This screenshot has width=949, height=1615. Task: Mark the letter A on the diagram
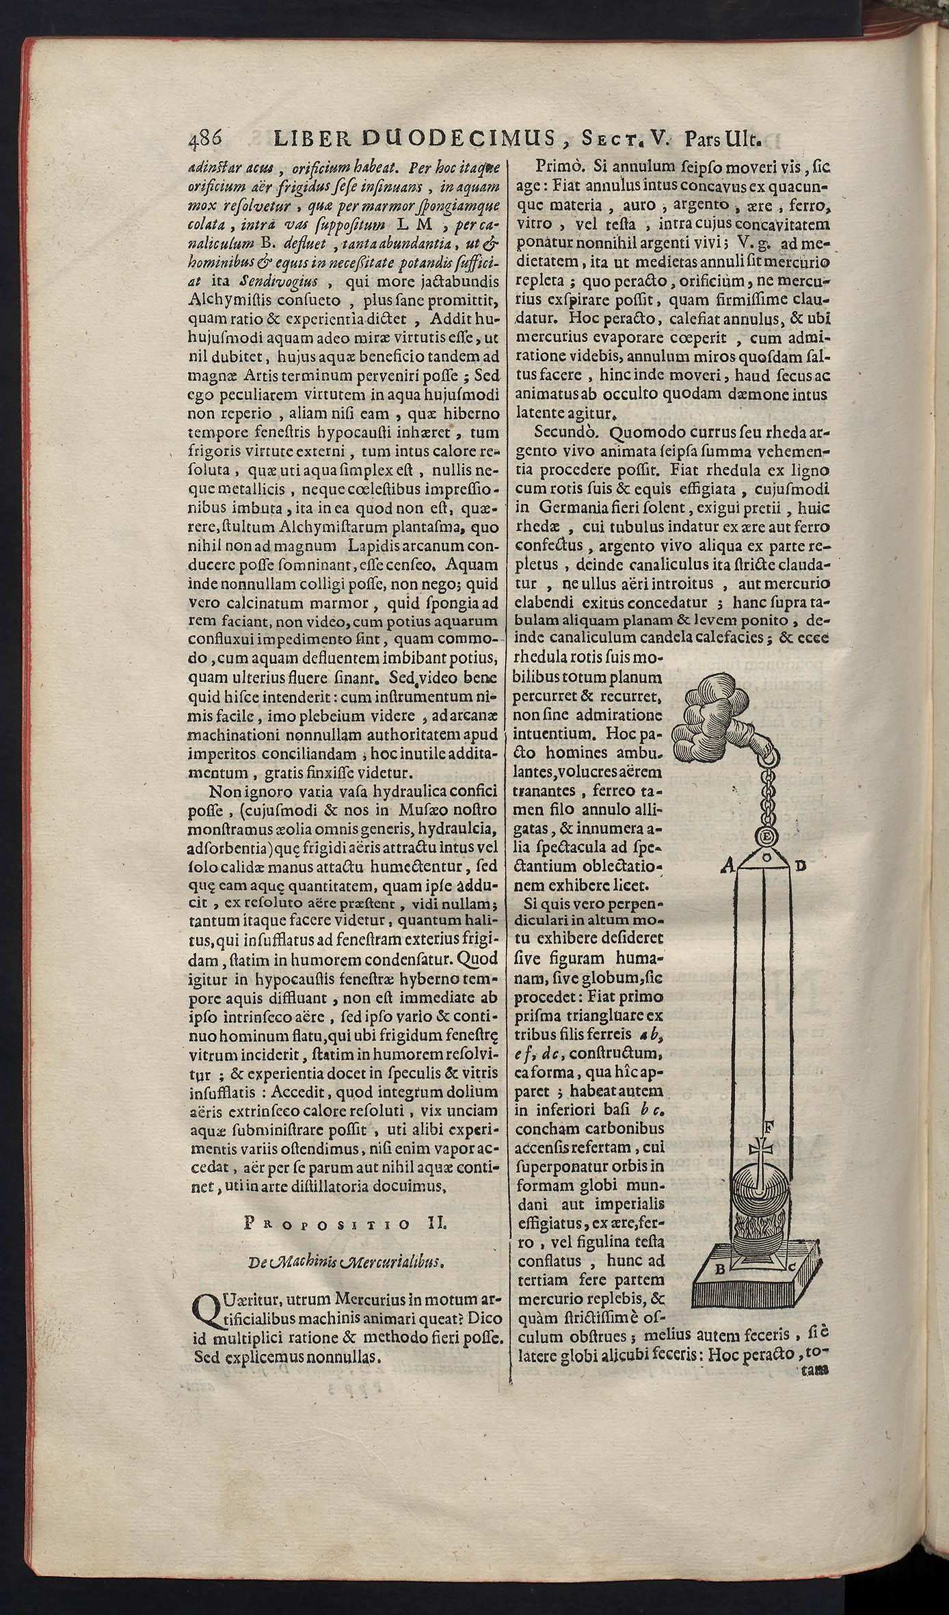(728, 868)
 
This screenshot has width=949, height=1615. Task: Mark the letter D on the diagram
(801, 867)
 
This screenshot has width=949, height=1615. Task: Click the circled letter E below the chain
(766, 836)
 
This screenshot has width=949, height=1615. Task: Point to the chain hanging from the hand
(766, 793)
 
